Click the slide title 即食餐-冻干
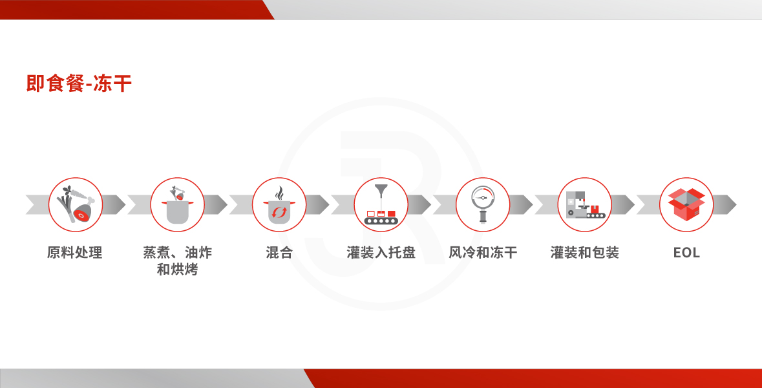[x=79, y=83]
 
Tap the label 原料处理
[x=75, y=252]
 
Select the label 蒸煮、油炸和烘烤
[x=177, y=261]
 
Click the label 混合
[x=279, y=252]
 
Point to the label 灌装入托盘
[x=381, y=252]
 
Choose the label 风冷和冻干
[x=483, y=252]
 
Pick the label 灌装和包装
[x=585, y=252]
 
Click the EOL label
[x=686, y=253]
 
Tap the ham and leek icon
[x=76, y=205]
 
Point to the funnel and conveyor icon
[x=381, y=205]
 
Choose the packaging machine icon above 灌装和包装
[x=585, y=205]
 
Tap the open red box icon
[x=686, y=205]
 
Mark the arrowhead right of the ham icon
[x=114, y=205]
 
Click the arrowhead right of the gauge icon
[x=522, y=205]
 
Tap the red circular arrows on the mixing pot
[x=279, y=213]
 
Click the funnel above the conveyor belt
[x=381, y=191]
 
